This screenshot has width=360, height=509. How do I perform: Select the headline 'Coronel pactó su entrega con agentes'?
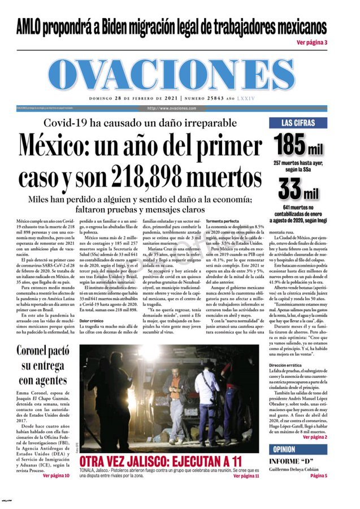(x=43, y=364)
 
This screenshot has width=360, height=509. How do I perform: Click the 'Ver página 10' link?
(x=56, y=476)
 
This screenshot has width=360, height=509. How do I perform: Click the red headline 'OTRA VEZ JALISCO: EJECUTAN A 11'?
(x=161, y=460)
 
